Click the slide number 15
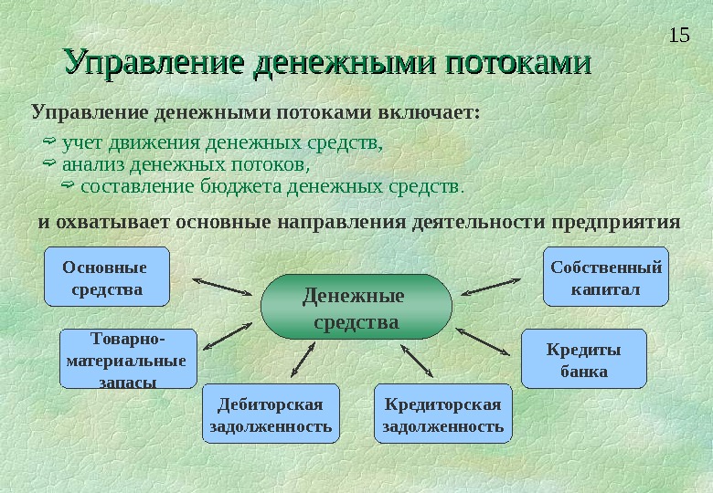click(x=678, y=36)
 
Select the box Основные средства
click(x=107, y=276)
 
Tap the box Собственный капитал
click(x=606, y=276)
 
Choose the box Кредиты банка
click(x=583, y=359)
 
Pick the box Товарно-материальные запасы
click(x=127, y=359)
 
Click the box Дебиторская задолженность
click(x=270, y=414)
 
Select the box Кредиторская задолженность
click(x=443, y=414)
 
